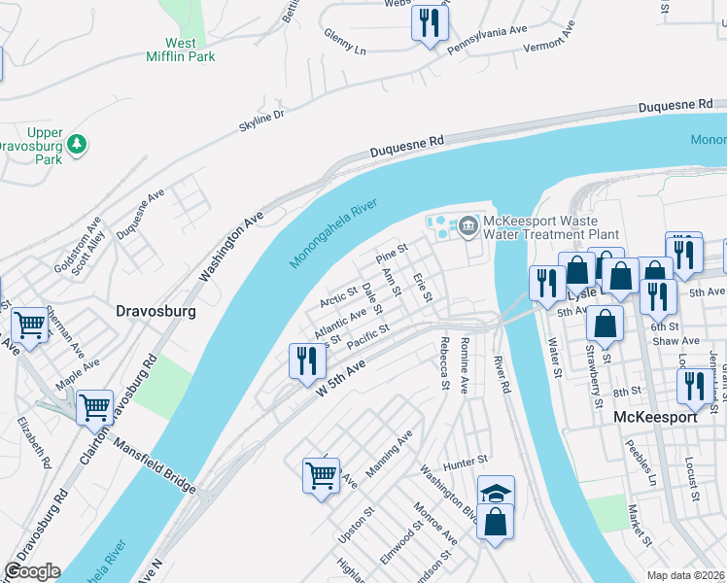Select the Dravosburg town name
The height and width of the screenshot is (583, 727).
coord(156,312)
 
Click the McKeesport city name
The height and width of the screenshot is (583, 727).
coord(656,417)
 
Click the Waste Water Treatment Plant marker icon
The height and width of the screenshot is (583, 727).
coord(467,227)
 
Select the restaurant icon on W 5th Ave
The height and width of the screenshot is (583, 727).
coord(307,360)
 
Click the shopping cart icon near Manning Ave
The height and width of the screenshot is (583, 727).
coord(321,475)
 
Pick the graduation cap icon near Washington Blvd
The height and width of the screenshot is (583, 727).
coord(496,493)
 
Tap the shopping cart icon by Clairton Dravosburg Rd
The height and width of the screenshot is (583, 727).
coord(94,407)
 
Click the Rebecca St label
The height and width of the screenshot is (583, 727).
coord(445,364)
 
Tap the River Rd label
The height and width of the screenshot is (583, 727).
coord(502,374)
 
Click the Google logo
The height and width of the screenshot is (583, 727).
coord(32,571)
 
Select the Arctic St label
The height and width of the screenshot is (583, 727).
coord(339,296)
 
